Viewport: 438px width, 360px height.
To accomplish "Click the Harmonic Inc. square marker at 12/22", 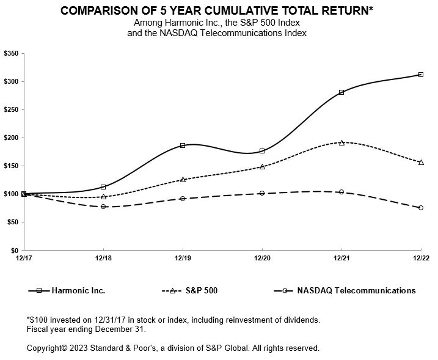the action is point(421,75).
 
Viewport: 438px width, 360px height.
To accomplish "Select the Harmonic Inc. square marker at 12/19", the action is point(183,145).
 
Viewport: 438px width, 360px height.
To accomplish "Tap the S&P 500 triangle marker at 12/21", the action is point(341,143).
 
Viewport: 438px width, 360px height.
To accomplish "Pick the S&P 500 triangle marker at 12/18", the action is point(103,197).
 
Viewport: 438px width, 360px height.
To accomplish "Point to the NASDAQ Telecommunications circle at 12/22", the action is point(421,208).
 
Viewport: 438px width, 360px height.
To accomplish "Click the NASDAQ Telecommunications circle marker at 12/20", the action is point(262,193).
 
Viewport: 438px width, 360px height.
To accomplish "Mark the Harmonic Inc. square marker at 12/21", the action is point(341,92).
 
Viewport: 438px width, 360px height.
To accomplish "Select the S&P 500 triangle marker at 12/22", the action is point(421,163).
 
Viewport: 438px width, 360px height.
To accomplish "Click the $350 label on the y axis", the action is point(11,53).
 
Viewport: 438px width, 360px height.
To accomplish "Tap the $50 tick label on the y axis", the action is point(13,222).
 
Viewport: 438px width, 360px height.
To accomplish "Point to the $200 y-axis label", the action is point(11,138).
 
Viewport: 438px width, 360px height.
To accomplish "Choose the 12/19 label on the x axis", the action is point(183,258).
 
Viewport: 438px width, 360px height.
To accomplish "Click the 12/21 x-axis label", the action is point(341,258).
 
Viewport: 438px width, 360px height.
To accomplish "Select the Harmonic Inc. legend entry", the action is point(67,291).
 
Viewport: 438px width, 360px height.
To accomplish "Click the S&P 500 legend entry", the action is point(189,291).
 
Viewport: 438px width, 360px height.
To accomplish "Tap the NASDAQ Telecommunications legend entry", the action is point(345,291).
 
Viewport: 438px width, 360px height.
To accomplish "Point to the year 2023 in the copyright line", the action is point(79,348).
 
